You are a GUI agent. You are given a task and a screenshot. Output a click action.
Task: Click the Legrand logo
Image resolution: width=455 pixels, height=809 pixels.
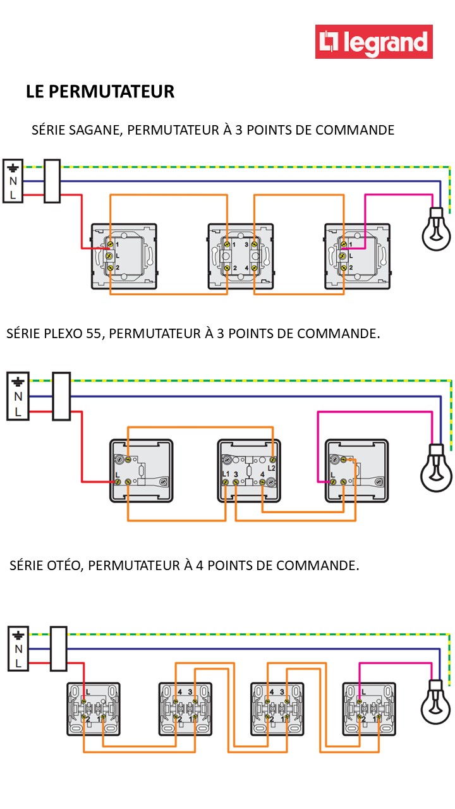pos(374,42)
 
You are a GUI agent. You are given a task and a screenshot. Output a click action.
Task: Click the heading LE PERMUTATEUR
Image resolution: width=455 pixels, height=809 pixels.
pos(100,92)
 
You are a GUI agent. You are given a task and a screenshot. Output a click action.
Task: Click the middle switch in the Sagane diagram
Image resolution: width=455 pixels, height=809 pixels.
pos(241,256)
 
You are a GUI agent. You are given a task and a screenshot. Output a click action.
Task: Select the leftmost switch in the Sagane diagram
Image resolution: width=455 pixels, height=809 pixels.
pos(124,256)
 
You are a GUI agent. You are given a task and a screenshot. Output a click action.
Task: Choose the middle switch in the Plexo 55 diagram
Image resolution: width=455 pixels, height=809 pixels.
pos(249,471)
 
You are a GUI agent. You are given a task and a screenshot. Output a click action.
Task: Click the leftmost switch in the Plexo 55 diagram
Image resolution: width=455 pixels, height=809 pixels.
pos(142,471)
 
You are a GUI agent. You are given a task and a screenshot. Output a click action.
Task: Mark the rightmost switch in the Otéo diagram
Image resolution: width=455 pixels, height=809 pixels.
pos(370,708)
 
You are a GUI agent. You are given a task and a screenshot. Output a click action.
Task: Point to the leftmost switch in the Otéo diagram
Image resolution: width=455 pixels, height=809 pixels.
pos(94,708)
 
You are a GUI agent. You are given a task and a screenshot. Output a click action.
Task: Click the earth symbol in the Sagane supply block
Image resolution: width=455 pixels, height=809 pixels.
pos(13,168)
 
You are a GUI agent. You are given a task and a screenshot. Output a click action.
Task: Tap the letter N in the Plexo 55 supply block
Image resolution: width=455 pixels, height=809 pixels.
pos(18,397)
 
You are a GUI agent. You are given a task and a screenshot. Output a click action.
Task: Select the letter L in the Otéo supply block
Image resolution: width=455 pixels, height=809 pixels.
pos(18,663)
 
